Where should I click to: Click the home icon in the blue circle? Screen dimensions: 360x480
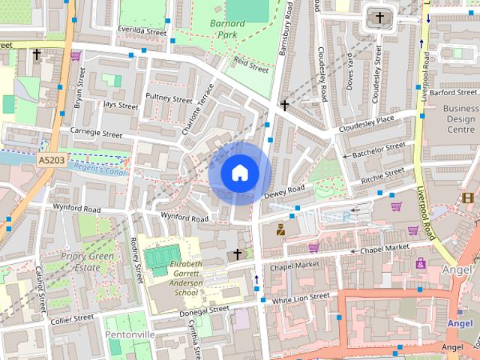coord(239,172)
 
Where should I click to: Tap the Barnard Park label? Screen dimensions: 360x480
coord(227,28)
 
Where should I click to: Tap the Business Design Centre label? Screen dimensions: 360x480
coord(460,118)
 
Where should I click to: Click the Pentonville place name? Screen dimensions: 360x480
coord(130,334)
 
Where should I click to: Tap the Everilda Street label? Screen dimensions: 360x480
coord(141,31)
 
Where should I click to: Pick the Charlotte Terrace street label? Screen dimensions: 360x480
coord(198,109)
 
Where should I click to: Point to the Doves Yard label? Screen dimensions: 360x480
coord(349,72)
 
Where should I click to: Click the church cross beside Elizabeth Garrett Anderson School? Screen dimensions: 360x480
coord(238,254)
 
